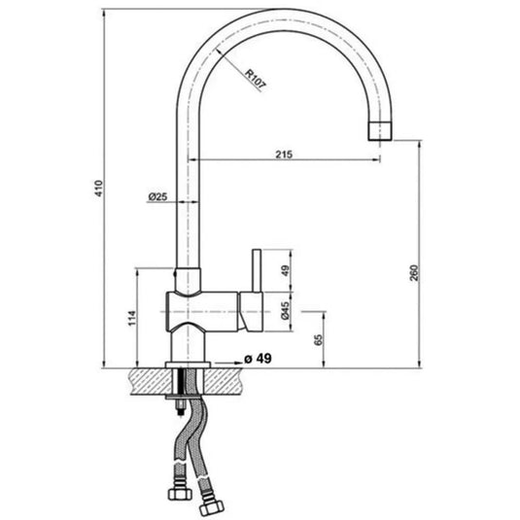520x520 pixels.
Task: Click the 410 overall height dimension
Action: pyautogui.click(x=97, y=189)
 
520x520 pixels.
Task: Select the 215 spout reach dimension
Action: pyautogui.click(x=285, y=153)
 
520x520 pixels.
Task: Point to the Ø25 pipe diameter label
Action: pyautogui.click(x=157, y=196)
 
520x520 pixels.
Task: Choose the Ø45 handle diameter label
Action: pyautogui.click(x=285, y=312)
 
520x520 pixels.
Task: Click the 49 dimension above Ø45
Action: pyautogui.click(x=285, y=270)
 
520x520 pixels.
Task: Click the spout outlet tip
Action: pyautogui.click(x=381, y=130)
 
